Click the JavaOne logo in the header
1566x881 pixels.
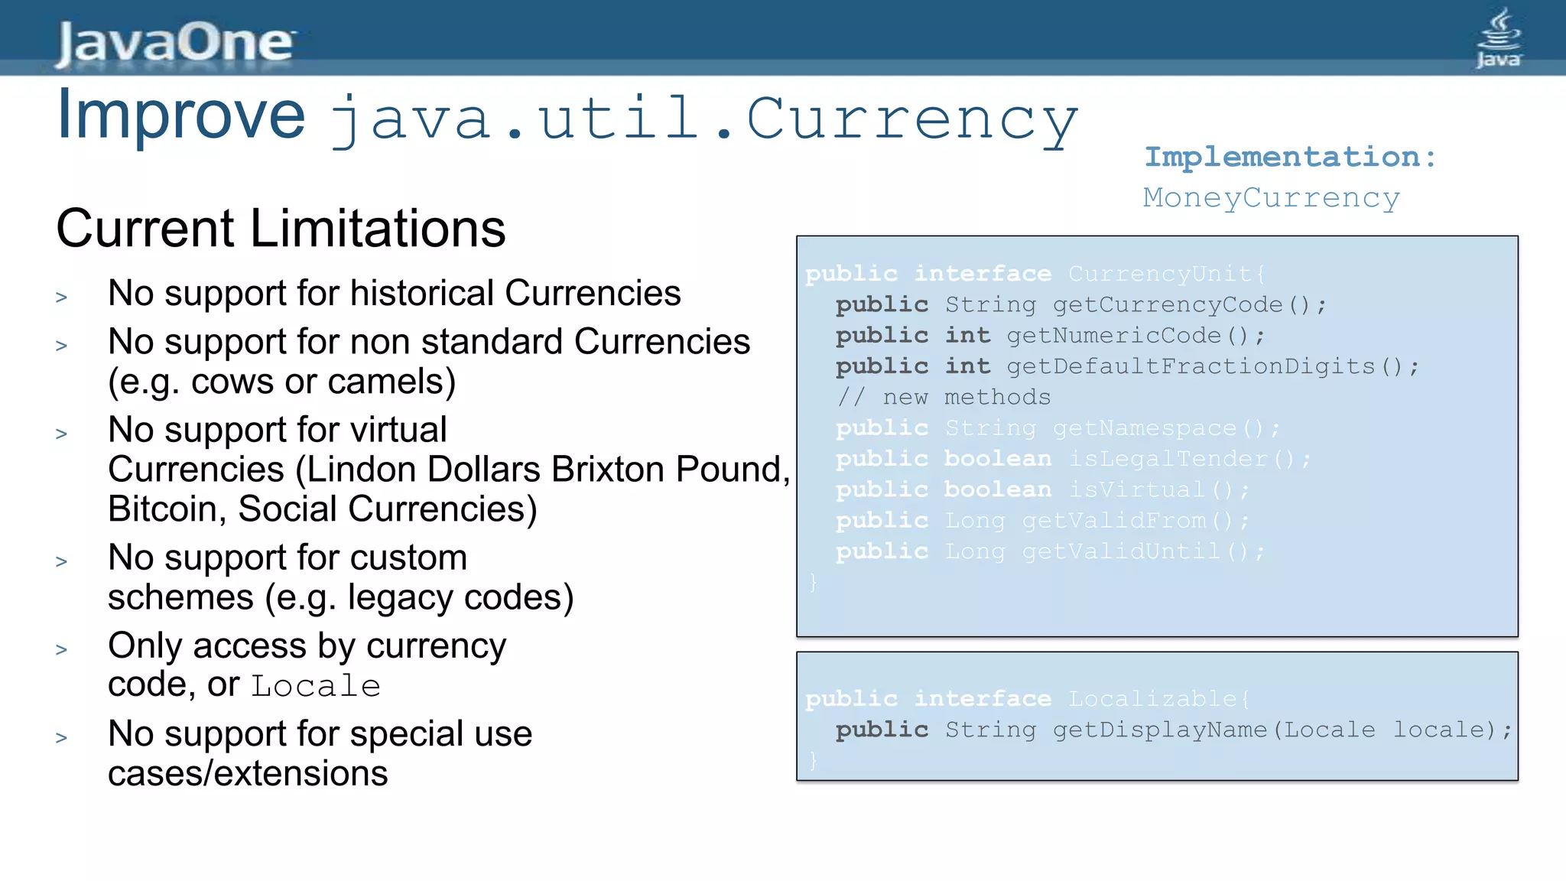[174, 42]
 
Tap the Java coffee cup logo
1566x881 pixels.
[1498, 38]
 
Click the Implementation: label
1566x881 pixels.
[1290, 157]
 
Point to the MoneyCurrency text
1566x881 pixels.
[1271, 197]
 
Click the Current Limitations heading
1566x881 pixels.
[281, 229]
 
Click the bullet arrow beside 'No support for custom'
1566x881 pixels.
[62, 562]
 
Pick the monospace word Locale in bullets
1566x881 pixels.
[316, 686]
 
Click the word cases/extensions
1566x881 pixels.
[248, 774]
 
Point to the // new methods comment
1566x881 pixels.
[944, 397]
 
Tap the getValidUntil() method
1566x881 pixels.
[1143, 551]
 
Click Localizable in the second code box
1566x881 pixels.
[1152, 699]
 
